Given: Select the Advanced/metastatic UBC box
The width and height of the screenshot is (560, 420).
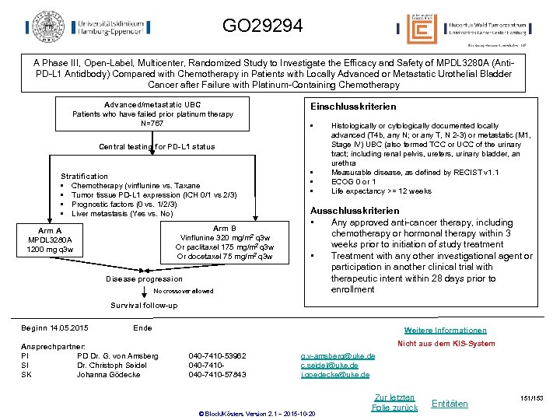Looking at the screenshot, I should [152, 114].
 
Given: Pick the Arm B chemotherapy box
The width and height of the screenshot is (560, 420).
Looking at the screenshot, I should [224, 242].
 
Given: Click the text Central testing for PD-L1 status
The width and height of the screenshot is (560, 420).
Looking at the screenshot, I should [157, 146].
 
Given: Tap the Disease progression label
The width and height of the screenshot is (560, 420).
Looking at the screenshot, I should [145, 278].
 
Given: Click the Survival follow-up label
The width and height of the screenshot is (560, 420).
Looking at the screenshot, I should [144, 305].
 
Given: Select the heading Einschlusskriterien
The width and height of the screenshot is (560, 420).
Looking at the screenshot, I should [353, 106].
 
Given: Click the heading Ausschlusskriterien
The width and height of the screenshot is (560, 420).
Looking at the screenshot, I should [355, 211].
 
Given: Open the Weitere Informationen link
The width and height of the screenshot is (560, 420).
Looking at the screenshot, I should [446, 331].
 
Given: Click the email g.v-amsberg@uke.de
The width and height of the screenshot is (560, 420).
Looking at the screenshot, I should [338, 355].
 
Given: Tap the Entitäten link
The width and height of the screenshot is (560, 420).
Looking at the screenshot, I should [450, 403].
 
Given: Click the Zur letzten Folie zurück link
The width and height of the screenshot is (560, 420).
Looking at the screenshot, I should [394, 402].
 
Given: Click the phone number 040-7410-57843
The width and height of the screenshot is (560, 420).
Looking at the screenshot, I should [217, 374].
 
